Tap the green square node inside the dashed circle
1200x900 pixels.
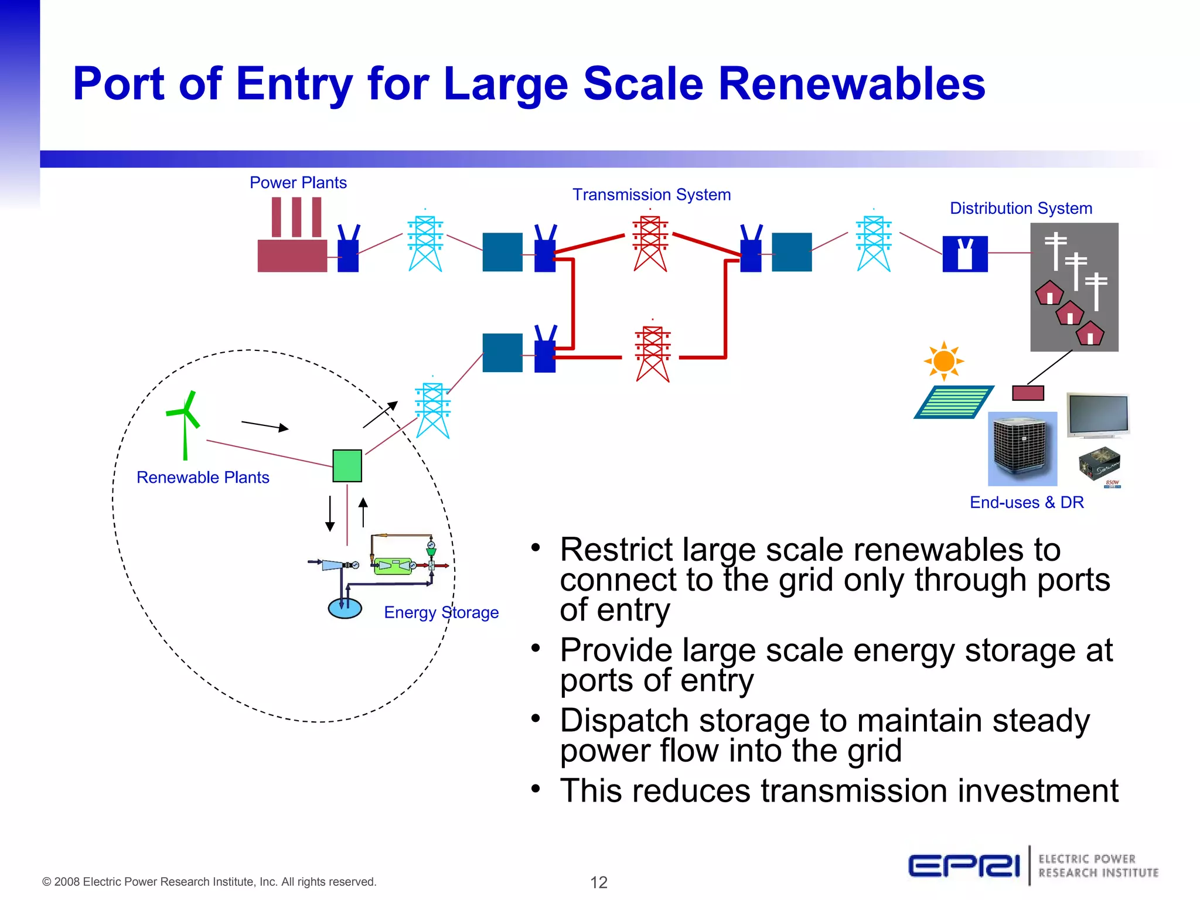point(347,466)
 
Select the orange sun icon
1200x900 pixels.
point(943,361)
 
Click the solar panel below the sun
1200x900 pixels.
point(953,402)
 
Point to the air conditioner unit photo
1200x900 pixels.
point(1022,449)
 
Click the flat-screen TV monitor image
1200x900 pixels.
point(1097,415)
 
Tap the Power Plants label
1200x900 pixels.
point(298,183)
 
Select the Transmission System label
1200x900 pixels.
point(651,195)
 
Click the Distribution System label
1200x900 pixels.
point(1021,209)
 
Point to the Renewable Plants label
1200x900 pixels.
point(203,478)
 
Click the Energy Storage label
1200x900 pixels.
point(441,612)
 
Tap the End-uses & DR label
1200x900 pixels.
point(1027,503)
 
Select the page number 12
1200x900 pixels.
point(599,882)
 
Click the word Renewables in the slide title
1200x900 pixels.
point(851,84)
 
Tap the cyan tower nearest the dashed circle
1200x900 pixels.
point(432,410)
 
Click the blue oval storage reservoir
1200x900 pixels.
point(345,608)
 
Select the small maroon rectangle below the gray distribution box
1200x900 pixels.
point(1028,393)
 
